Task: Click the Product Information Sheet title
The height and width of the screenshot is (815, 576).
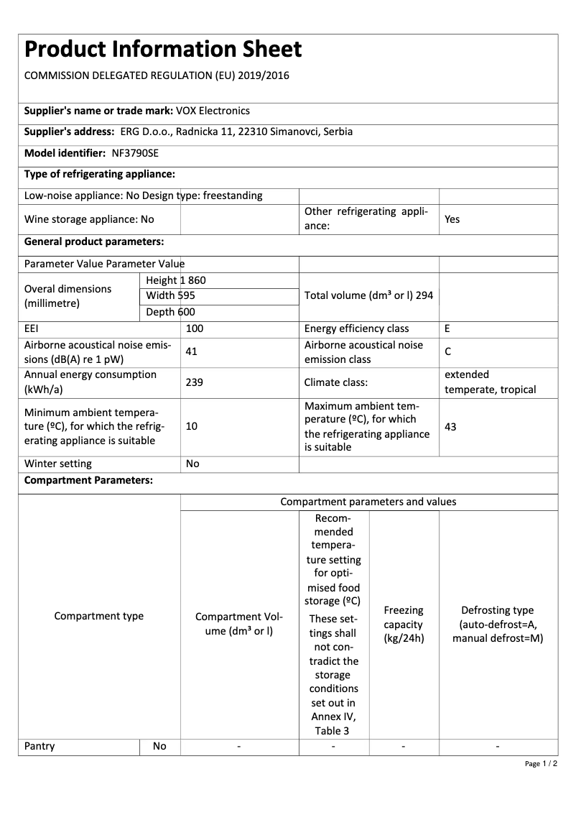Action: click(163, 50)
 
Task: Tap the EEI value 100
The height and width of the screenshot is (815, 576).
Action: click(194, 328)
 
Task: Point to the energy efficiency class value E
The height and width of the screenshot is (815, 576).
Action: click(447, 328)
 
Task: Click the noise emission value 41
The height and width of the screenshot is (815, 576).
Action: click(191, 351)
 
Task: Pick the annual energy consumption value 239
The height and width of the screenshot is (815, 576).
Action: click(194, 382)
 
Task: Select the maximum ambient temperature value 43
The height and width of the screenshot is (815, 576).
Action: click(450, 427)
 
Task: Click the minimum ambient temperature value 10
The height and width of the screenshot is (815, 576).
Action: click(191, 426)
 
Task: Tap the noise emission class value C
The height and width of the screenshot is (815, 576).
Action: click(447, 352)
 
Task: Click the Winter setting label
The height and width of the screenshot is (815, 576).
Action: click(58, 464)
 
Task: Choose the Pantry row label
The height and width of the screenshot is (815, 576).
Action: click(40, 746)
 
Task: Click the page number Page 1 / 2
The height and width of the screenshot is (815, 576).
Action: click(541, 763)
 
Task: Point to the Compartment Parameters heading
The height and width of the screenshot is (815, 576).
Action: click(88, 480)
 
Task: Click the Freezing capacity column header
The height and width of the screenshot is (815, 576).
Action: click(404, 624)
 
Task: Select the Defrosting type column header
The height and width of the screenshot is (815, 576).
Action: click(498, 624)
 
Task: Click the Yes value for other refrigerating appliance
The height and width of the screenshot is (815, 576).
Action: click(452, 219)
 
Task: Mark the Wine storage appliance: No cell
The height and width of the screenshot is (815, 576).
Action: click(89, 219)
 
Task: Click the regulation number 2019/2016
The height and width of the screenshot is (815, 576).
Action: click(261, 75)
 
